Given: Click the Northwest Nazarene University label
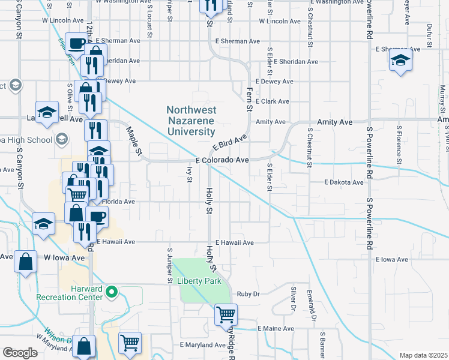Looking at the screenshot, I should coord(190,121).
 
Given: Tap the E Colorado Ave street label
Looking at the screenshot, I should coord(222,161).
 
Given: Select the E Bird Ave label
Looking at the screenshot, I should coord(229,144).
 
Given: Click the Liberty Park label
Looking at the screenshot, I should coord(199,281).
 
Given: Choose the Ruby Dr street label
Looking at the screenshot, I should coord(247,294).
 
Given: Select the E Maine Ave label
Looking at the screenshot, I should coord(276,329).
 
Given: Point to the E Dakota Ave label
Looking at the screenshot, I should coord(344,182).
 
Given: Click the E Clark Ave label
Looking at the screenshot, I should coord(272,101).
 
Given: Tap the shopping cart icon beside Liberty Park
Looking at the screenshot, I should coord(226,314).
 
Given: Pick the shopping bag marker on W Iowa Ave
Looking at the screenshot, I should coord(25,262).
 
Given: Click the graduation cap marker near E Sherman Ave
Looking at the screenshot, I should coord(400,60).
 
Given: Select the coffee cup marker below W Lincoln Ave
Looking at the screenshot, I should coord(76,43).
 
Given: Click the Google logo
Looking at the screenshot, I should coord(20,353).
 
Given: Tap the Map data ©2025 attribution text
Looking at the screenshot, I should coord(423,355).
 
